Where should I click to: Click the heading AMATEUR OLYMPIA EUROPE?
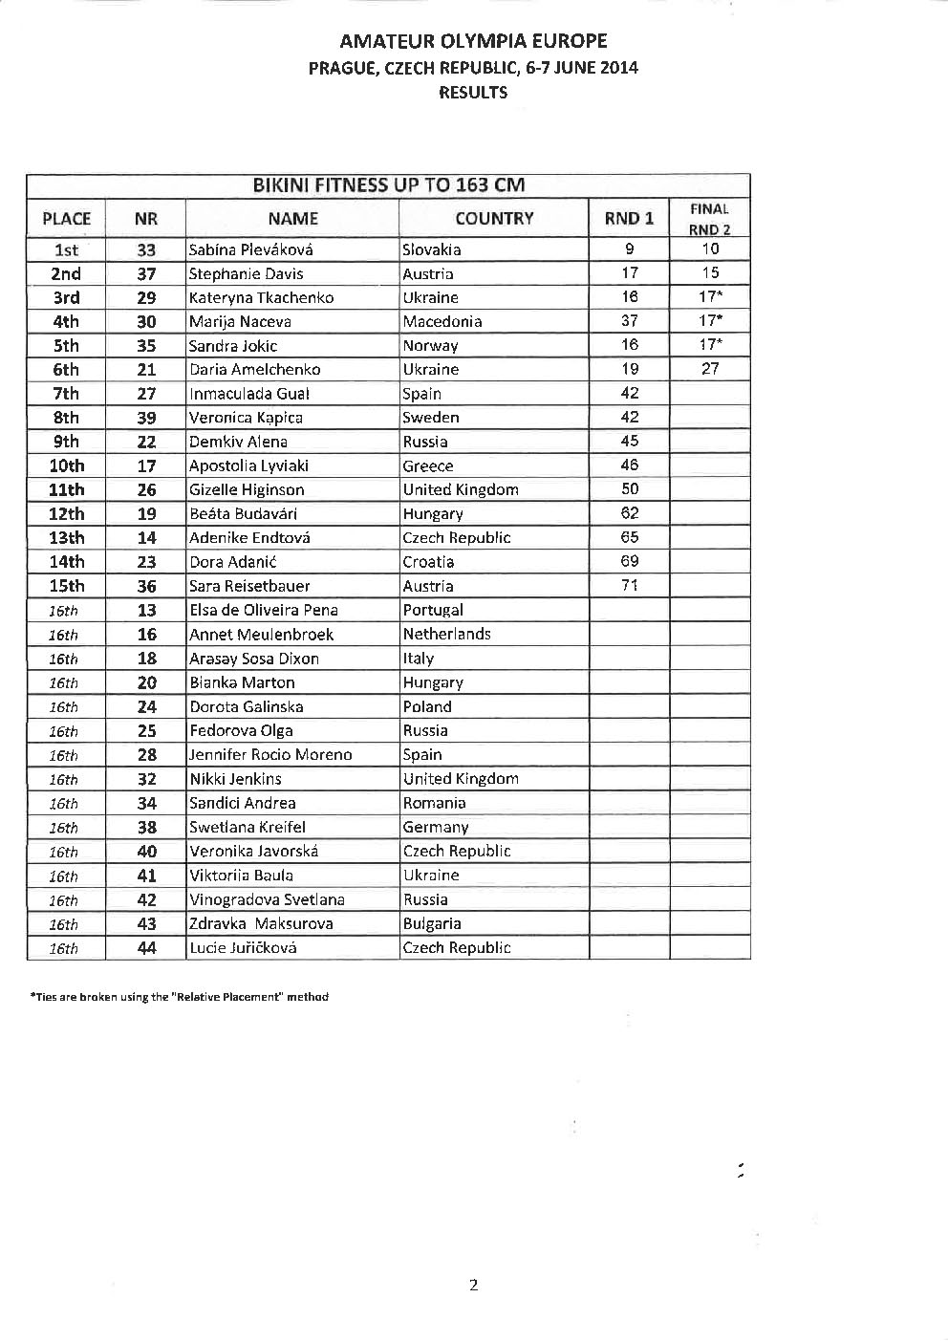pos(473,41)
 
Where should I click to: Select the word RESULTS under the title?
pos(473,93)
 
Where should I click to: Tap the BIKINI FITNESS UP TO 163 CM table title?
pos(388,185)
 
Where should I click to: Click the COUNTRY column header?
pos(494,219)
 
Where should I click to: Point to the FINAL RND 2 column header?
pos(709,219)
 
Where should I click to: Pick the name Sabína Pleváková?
pos(251,250)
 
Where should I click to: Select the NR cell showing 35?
pos(146,346)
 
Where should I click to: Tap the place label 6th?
pos(66,370)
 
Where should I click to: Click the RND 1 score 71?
pos(629,585)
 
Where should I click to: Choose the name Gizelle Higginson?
pos(247,489)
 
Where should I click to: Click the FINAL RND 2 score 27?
pos(710,369)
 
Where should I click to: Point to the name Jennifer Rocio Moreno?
pos(270,755)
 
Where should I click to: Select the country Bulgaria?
pos(432,923)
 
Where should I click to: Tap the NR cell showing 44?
pos(146,948)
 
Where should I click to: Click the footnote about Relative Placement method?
pos(180,997)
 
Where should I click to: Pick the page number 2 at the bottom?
pos(473,1285)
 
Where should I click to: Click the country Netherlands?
pos(446,634)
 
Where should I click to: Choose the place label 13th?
pos(66,538)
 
